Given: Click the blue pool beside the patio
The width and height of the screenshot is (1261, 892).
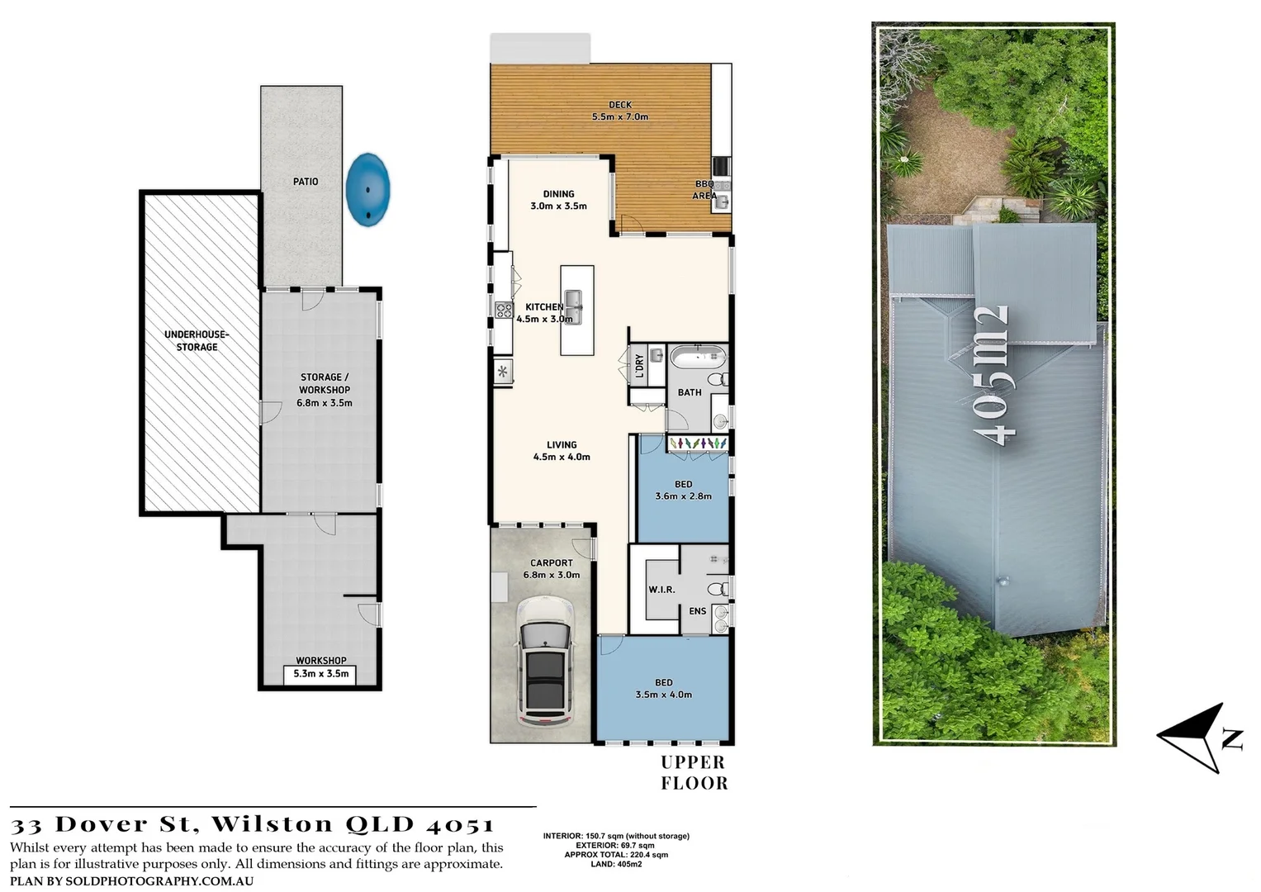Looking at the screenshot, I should pyautogui.click(x=368, y=189).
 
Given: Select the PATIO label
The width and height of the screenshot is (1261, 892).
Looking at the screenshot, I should pyautogui.click(x=306, y=182).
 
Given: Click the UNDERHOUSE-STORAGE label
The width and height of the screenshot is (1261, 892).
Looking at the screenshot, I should pyautogui.click(x=197, y=340).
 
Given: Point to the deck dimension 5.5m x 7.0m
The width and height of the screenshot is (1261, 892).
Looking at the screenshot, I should pyautogui.click(x=620, y=117).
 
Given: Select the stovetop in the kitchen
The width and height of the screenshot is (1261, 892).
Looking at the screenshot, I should pyautogui.click(x=503, y=310).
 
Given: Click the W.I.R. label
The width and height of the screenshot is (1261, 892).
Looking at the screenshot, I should pyautogui.click(x=661, y=590).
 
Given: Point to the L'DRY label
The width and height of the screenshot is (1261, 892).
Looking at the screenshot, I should pyautogui.click(x=639, y=366).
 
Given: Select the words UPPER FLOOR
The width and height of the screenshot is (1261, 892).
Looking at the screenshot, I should pyautogui.click(x=694, y=773).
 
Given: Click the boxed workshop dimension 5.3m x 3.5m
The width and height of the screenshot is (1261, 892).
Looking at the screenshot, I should pyautogui.click(x=321, y=674).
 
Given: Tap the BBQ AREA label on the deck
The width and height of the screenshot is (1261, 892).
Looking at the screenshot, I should pyautogui.click(x=704, y=190).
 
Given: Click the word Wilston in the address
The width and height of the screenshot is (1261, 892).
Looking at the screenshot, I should pyautogui.click(x=273, y=824).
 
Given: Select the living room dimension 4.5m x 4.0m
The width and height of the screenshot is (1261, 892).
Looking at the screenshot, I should pyautogui.click(x=562, y=457).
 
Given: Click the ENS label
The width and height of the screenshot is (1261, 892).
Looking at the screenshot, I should pyautogui.click(x=698, y=611).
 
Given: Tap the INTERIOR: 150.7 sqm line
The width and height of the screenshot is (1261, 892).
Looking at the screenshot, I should pyautogui.click(x=616, y=836).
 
